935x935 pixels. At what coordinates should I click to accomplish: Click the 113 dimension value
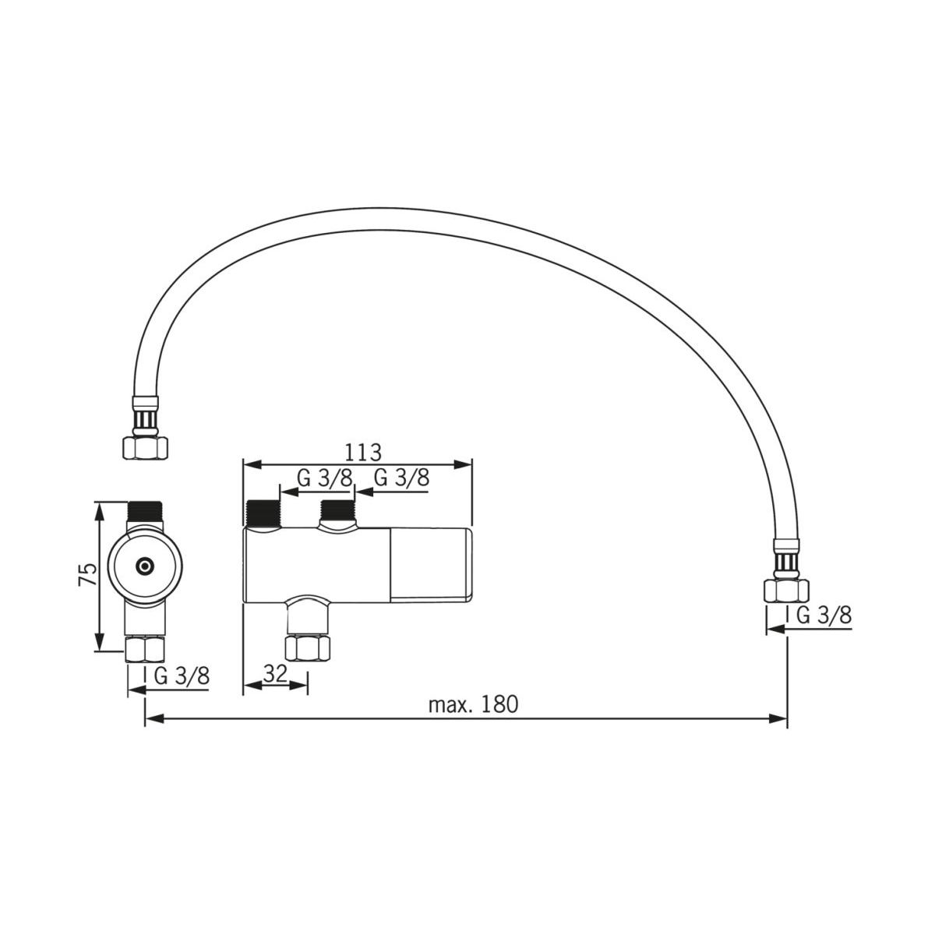(362, 452)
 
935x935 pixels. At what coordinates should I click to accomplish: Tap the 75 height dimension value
(88, 574)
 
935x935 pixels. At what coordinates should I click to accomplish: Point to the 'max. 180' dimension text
(473, 704)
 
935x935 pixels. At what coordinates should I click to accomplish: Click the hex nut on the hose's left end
(145, 447)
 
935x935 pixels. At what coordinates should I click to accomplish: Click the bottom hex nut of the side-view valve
(308, 647)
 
